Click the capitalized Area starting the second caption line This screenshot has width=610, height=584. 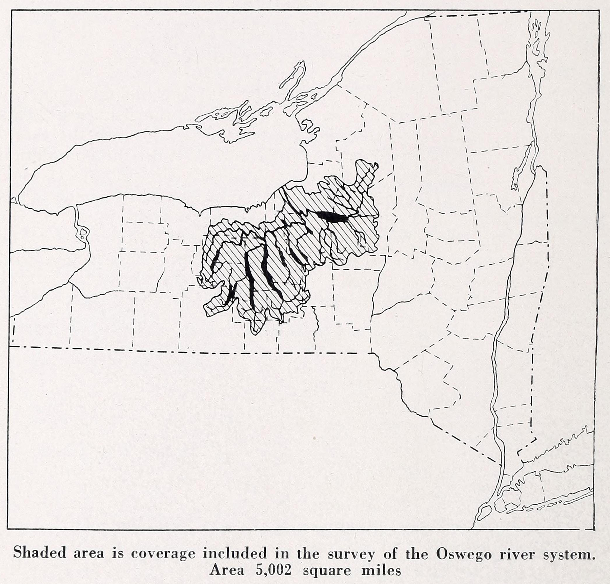pyautogui.click(x=226, y=570)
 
